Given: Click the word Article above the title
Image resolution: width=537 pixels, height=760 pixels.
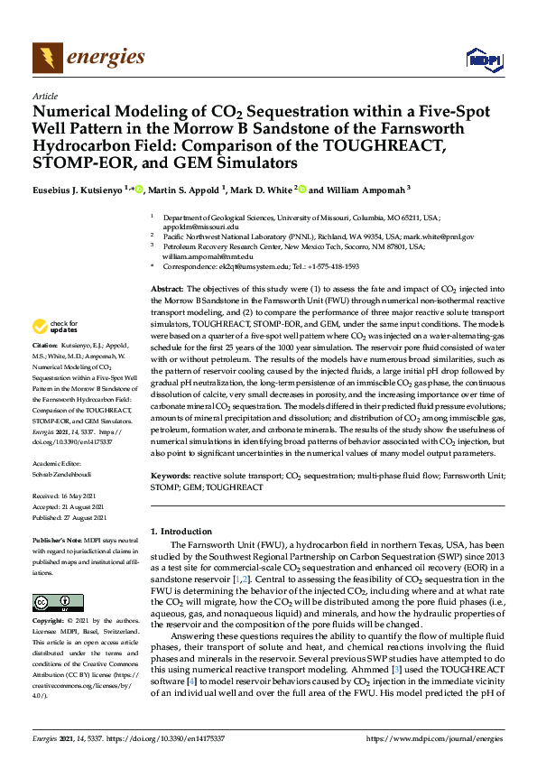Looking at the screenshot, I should pyautogui.click(x=45, y=96).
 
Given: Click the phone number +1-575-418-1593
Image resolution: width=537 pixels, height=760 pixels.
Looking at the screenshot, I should pyautogui.click(x=333, y=267).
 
